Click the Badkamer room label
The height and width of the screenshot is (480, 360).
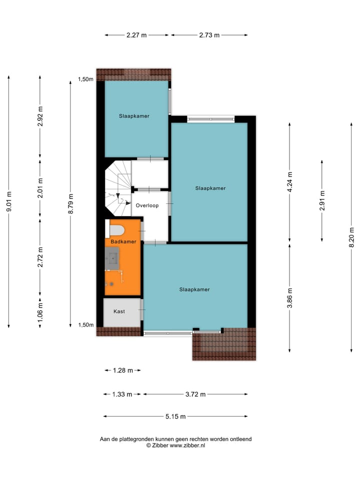[123, 241]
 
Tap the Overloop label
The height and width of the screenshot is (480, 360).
[147, 205]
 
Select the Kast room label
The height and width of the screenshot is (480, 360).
[119, 311]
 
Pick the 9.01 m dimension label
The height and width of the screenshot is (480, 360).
[8, 202]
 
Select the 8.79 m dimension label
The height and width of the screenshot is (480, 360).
[70, 204]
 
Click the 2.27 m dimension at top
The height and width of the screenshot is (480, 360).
[136, 35]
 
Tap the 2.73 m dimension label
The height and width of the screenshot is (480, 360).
[209, 35]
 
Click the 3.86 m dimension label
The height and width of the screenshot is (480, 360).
[290, 298]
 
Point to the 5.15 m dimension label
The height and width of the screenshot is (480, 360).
[175, 416]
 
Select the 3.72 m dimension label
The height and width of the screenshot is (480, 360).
[195, 394]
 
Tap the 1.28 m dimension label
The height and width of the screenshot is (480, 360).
[123, 370]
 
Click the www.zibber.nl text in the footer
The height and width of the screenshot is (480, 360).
[187, 445]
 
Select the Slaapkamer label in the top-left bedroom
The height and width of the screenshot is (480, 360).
[134, 116]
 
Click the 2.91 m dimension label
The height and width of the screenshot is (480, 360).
[322, 200]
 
